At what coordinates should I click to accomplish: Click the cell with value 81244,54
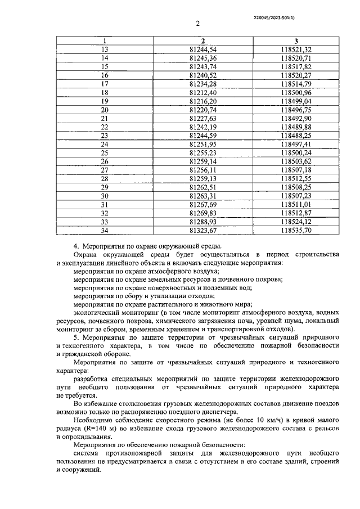pyautogui.click(x=203, y=49)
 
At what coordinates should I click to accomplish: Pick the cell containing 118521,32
pyautogui.click(x=296, y=49)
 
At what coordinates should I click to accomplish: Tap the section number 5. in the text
pyautogui.click(x=76, y=337)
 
